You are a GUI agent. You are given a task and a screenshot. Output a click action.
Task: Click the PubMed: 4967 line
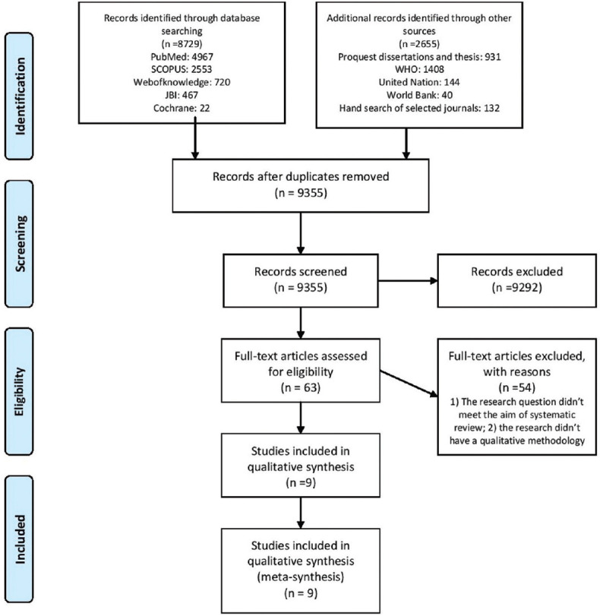click(x=182, y=56)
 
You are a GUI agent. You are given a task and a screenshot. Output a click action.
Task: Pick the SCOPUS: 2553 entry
click(x=182, y=70)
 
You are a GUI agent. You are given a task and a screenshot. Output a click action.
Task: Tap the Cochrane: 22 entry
click(x=182, y=108)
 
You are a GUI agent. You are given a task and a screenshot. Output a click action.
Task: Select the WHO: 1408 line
click(x=419, y=70)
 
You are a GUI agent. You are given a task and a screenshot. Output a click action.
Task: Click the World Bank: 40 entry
click(x=419, y=95)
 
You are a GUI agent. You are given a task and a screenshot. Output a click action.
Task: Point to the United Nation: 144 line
click(x=419, y=82)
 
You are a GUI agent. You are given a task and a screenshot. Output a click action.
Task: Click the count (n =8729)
click(x=182, y=43)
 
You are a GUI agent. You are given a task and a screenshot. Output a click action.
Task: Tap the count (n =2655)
click(x=419, y=43)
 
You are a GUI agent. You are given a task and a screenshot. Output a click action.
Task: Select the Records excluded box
click(x=516, y=280)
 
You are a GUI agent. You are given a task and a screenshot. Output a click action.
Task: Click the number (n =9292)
click(x=516, y=288)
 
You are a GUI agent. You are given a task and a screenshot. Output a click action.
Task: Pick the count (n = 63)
click(x=301, y=387)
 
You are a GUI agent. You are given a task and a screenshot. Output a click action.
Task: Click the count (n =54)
click(x=516, y=387)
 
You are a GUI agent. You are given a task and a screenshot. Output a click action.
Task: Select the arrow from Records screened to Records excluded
click(x=408, y=280)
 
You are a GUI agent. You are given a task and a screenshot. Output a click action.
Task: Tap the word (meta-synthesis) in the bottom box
click(x=301, y=577)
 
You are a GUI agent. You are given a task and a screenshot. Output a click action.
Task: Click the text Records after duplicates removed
click(x=301, y=176)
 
